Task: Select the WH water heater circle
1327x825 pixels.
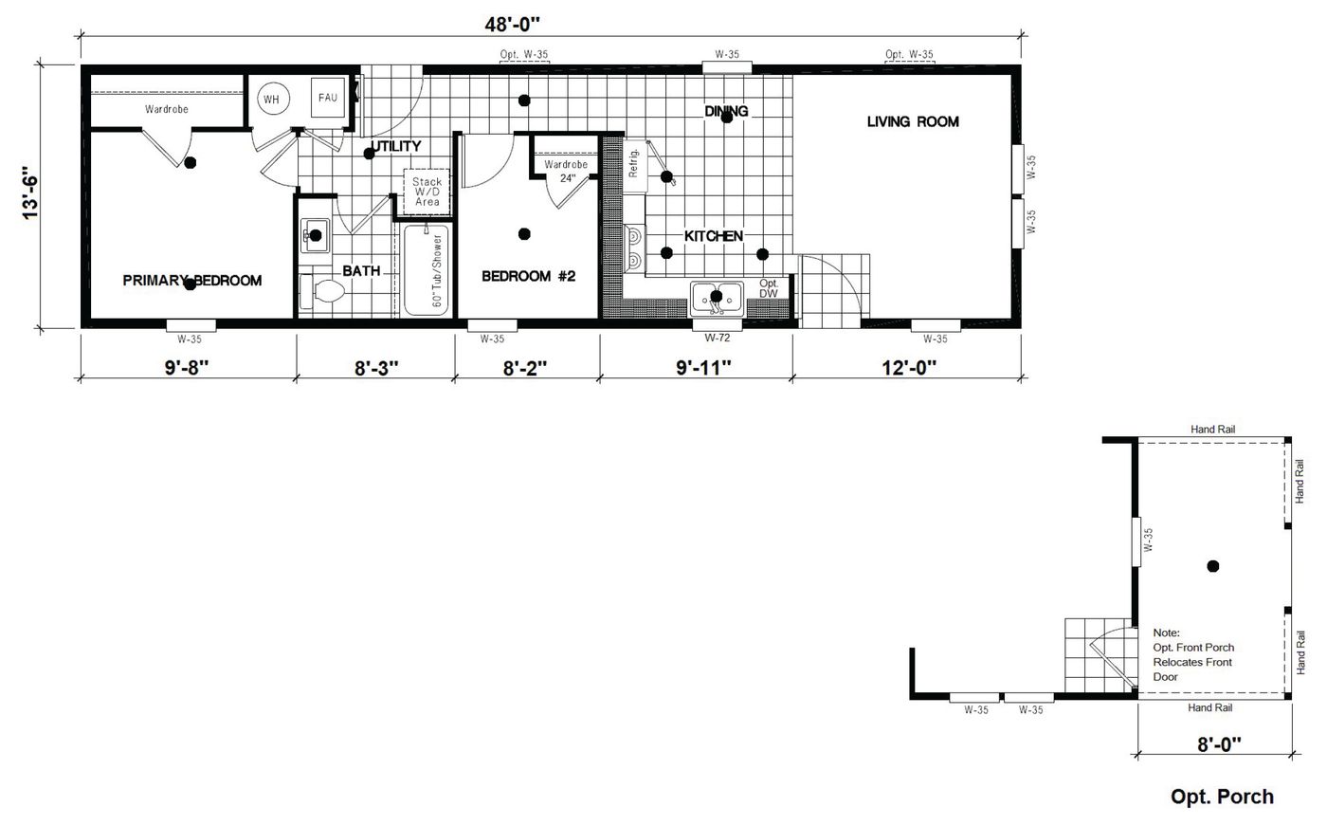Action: pos(271,100)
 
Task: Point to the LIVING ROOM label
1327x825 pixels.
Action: pos(913,121)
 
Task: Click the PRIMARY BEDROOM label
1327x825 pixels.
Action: pos(192,280)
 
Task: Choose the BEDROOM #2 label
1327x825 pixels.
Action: pos(529,276)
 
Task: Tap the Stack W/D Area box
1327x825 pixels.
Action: pos(427,192)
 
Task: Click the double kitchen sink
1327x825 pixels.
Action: pos(717,297)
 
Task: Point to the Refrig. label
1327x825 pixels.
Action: pos(634,161)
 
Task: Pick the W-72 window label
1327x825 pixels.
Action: pos(717,338)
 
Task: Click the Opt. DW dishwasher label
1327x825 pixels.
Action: pos(769,288)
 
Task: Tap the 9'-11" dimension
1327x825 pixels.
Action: pos(705,367)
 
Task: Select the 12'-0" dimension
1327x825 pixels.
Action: pos(911,367)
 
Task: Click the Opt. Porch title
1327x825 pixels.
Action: pos(1222,797)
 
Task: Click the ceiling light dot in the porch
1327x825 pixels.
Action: pos(1212,566)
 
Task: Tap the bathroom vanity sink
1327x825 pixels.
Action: pos(315,235)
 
